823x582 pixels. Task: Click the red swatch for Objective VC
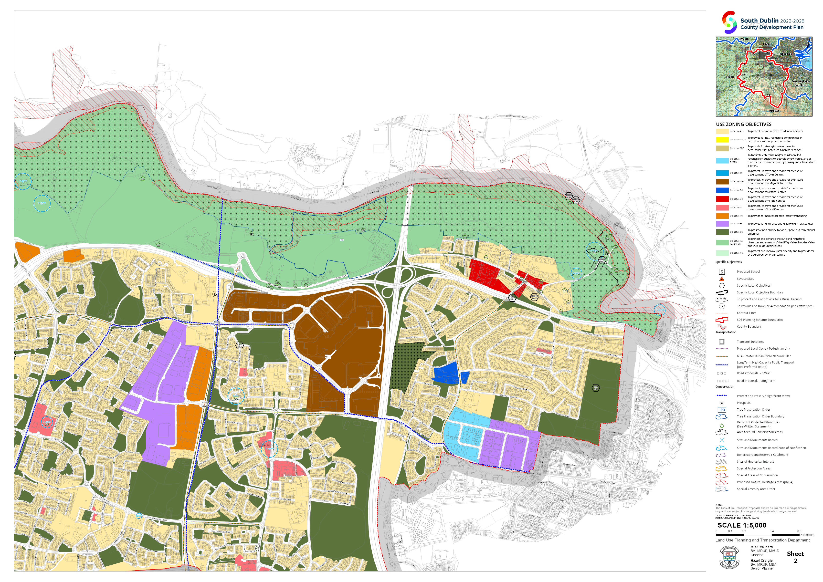point(722,199)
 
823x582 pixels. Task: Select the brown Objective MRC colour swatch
point(722,182)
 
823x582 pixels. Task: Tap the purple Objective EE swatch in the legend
point(722,224)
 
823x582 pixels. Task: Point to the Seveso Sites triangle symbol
point(722,279)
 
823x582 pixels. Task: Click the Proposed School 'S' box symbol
point(722,272)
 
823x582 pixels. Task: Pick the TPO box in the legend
point(722,410)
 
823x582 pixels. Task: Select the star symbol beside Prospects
point(722,403)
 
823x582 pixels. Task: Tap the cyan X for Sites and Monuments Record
point(722,440)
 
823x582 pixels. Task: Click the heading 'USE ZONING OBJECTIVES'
point(743,124)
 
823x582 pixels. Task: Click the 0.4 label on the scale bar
point(771,531)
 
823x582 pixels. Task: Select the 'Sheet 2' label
point(795,557)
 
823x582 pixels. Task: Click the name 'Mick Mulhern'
point(762,547)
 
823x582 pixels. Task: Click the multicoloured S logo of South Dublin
point(729,22)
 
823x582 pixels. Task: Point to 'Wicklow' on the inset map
point(773,111)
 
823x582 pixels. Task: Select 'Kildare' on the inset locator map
point(730,77)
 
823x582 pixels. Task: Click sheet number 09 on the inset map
point(771,75)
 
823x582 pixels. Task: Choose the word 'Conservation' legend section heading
point(725,387)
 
